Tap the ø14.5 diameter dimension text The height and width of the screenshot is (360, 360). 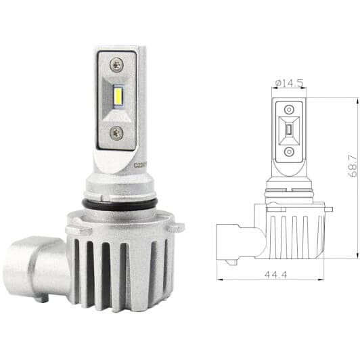(288, 83)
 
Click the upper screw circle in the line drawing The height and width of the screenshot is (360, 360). (288, 109)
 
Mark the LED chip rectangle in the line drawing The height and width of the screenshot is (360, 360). (288, 131)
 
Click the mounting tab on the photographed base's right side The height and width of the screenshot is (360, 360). (177, 226)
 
